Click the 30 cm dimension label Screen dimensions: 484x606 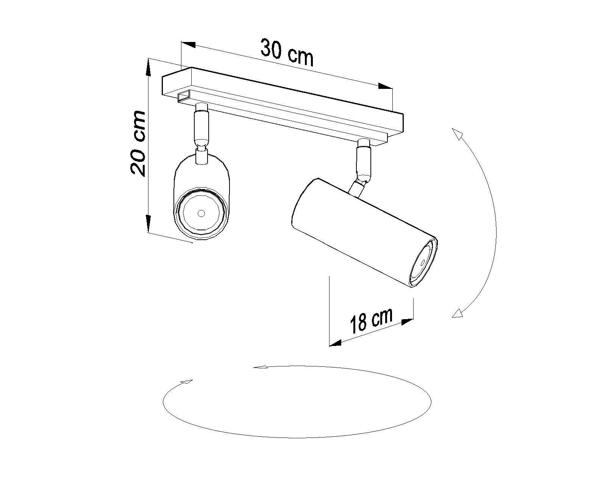pyautogui.click(x=287, y=53)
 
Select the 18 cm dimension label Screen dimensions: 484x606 pyautogui.click(x=371, y=320)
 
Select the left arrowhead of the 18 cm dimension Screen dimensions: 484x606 pyautogui.click(x=336, y=343)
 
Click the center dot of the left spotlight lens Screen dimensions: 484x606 pyautogui.click(x=201, y=214)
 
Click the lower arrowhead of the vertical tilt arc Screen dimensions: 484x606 pyautogui.click(x=459, y=313)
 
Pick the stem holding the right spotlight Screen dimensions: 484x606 pyautogui.click(x=362, y=159)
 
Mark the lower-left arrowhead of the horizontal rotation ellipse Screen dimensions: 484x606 pyautogui.click(x=187, y=382)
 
